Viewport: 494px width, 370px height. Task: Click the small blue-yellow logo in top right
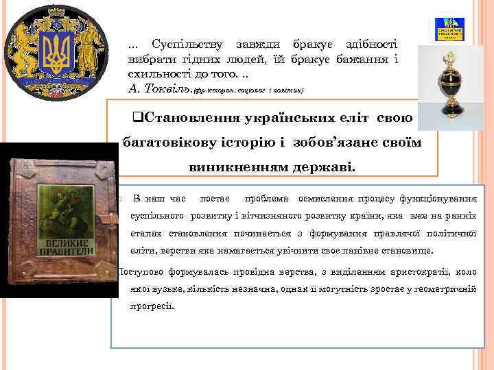click(450, 30)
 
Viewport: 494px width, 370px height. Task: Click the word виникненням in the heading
click(230, 166)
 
